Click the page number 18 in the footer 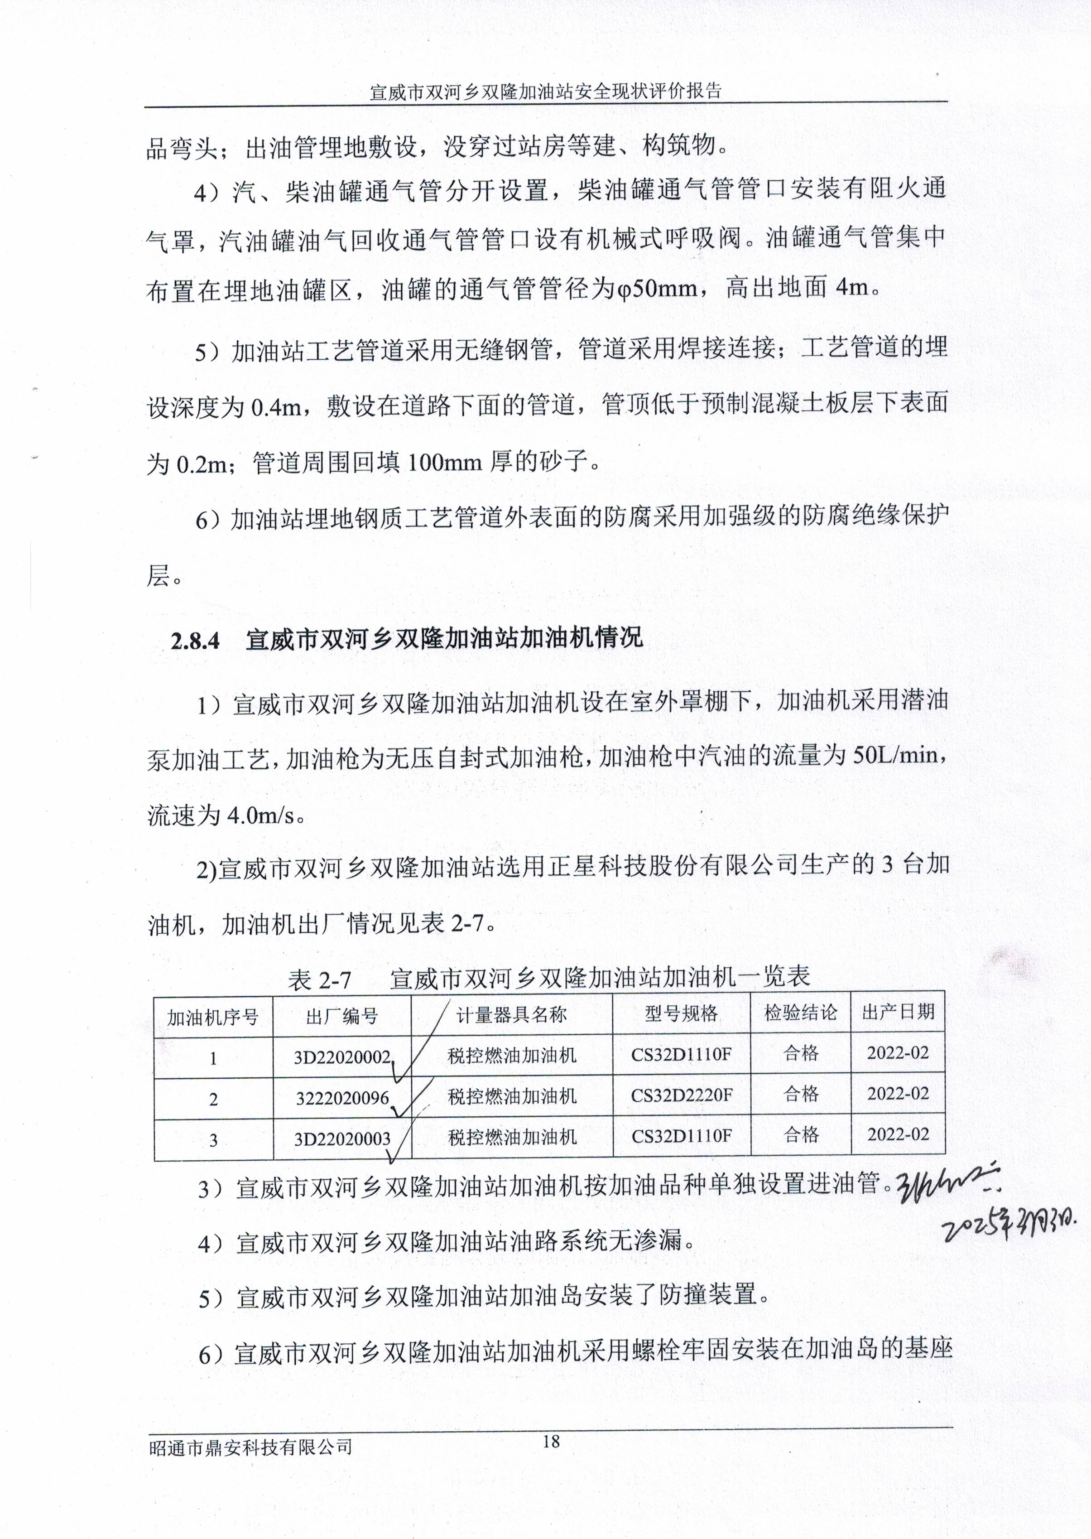pos(550,1440)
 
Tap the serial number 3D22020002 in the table pos(342,1057)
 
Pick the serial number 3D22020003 pos(342,1139)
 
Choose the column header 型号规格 pos(681,1013)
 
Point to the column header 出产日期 pos(898,1012)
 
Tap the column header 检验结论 pos(800,1013)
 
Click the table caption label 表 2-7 pos(319,980)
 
